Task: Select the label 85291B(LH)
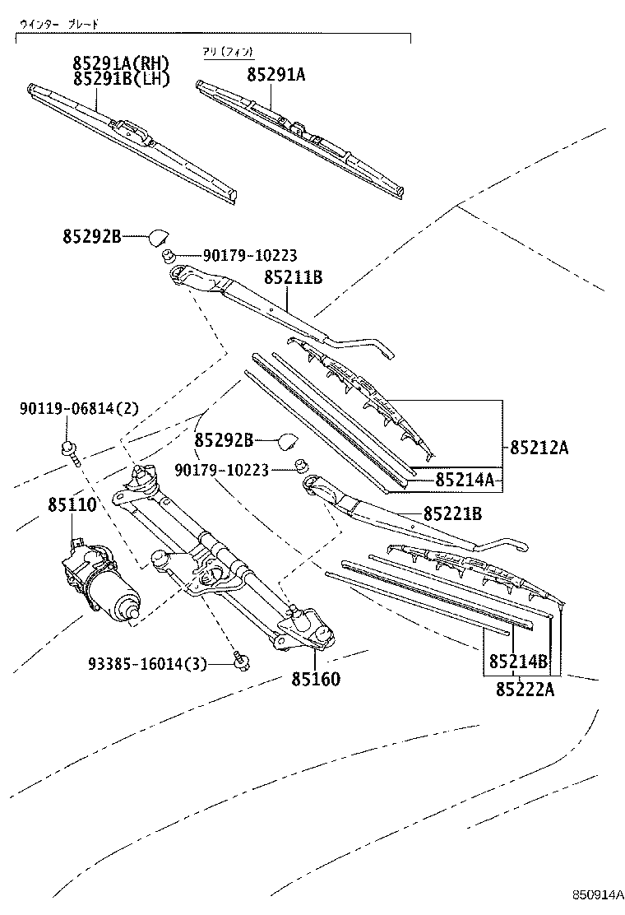pos(121,79)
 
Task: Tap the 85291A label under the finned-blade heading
pos(275,75)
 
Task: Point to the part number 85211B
pos(293,279)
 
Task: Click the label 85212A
pos(539,448)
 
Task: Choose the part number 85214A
pos(465,479)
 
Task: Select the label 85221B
pos(452,514)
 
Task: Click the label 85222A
pos(525,689)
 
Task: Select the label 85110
pos(72,504)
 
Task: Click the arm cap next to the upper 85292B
pos(156,236)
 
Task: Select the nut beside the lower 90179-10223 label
pos(301,469)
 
